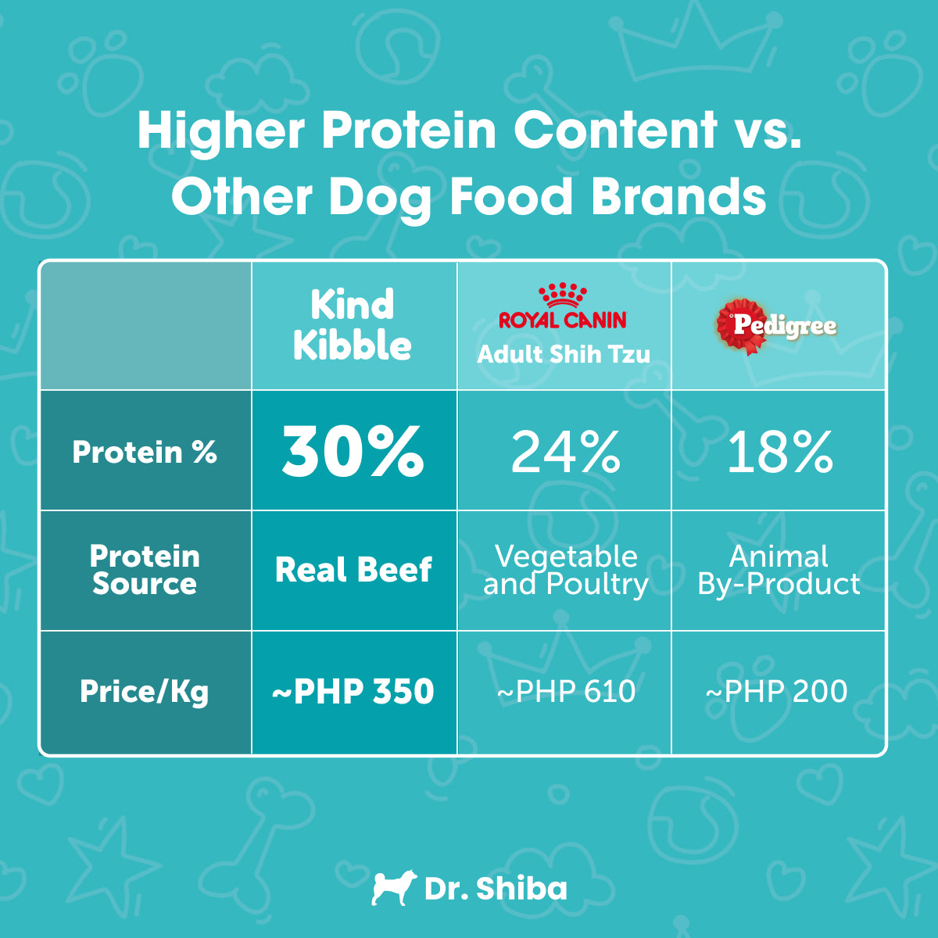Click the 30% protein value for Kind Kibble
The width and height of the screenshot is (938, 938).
(x=353, y=452)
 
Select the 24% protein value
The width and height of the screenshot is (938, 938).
(x=565, y=452)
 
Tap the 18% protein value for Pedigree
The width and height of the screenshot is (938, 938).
(x=779, y=452)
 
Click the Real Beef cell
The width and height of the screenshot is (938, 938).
(x=353, y=570)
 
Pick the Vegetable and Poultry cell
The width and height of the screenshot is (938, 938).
(x=565, y=570)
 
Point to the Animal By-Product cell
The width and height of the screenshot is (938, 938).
(x=779, y=570)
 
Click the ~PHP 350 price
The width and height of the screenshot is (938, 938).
(x=353, y=692)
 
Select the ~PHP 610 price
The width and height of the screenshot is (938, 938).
(x=566, y=692)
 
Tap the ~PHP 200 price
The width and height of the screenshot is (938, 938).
(x=777, y=692)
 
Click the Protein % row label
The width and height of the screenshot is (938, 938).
(x=145, y=452)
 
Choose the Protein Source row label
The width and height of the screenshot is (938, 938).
(x=145, y=570)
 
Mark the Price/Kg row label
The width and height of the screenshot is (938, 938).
(x=145, y=692)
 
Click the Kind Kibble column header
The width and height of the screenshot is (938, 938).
(x=353, y=325)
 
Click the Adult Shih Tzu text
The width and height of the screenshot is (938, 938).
(x=564, y=354)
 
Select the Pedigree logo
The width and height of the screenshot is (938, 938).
(x=776, y=325)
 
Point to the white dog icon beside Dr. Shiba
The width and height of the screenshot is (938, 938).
(x=390, y=888)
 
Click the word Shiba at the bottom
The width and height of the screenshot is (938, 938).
(x=521, y=889)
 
